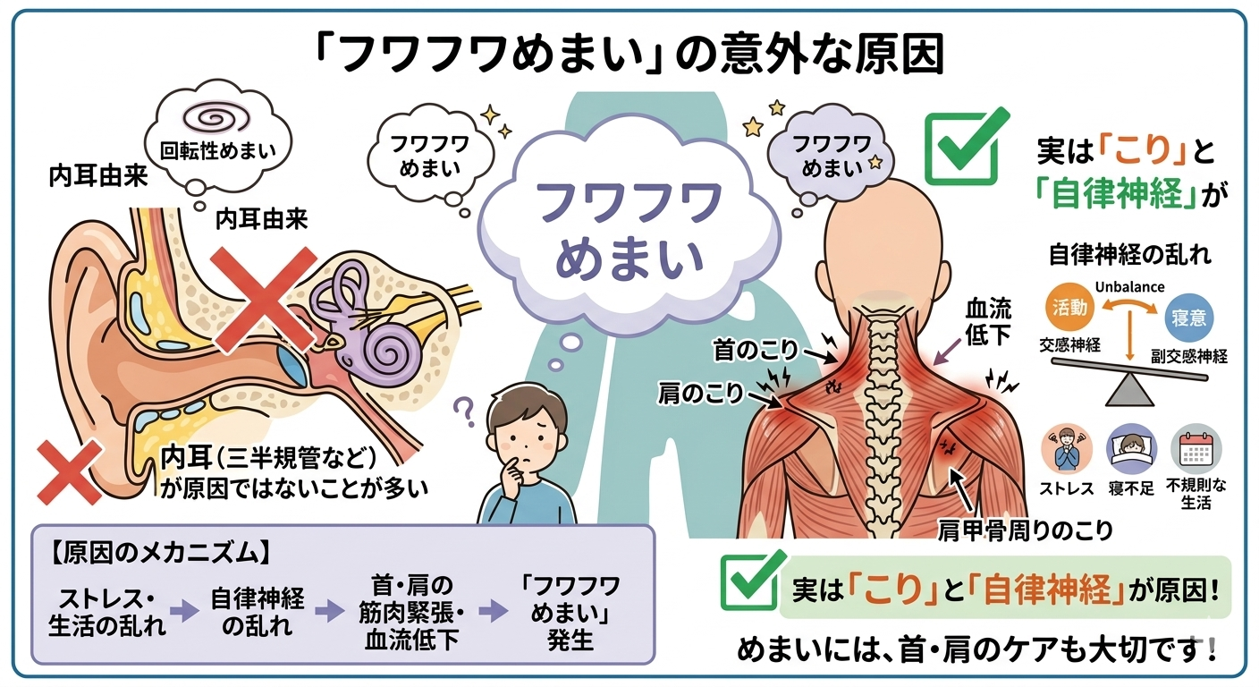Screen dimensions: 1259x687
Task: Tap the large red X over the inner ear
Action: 263,300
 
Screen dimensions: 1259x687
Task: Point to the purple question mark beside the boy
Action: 465,411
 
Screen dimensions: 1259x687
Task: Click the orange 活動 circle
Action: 1069,308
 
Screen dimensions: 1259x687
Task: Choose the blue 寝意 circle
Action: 1188,318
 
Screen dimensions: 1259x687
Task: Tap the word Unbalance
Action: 1129,287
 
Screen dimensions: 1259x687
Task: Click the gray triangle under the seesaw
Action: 1129,391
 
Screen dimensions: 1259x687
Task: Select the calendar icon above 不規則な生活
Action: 1196,450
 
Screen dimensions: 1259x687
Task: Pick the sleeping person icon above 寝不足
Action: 1131,450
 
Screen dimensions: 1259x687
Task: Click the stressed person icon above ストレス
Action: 1066,450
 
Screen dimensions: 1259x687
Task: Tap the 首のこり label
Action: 756,351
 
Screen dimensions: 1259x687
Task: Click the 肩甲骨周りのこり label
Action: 1026,530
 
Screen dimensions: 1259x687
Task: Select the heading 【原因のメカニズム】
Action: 160,554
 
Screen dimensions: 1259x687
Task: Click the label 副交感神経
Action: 1188,356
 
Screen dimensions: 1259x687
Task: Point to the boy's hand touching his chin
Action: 512,476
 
